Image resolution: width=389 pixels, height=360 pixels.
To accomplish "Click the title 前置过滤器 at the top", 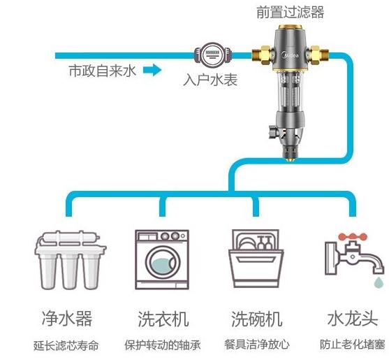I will [x=289, y=12].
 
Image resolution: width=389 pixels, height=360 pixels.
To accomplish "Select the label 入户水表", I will [x=210, y=80].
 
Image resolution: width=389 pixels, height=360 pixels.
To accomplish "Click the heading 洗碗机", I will [x=257, y=319].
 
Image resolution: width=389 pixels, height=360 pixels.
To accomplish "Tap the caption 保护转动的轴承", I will [x=162, y=345].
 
